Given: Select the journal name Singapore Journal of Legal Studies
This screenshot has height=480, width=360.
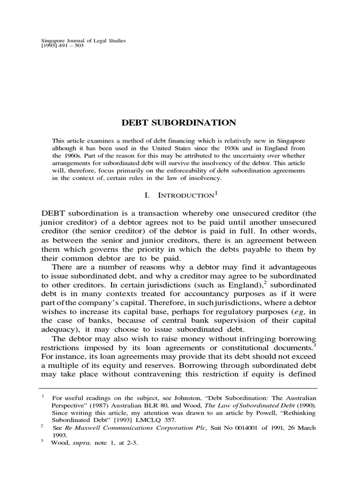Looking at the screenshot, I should pos(84,41).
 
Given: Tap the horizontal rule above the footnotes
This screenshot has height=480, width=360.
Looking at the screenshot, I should pos(180,388).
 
